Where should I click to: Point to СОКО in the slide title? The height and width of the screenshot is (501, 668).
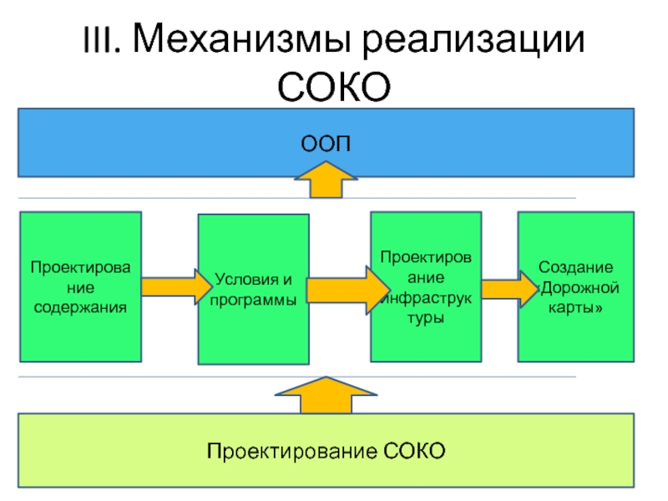coord(334,86)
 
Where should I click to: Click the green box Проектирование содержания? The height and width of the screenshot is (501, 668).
coord(80,286)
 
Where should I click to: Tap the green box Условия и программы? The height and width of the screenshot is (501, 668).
coord(254,289)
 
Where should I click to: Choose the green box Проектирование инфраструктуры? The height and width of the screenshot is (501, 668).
coord(426,286)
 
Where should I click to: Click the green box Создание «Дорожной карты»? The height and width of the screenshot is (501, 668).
coord(575,286)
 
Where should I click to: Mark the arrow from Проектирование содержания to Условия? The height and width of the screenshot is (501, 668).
coord(175,287)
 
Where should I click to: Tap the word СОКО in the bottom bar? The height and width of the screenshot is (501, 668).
coord(415,452)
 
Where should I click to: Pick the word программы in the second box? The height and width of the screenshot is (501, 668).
coord(254,299)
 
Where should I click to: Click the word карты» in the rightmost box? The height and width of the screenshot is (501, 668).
coord(575,308)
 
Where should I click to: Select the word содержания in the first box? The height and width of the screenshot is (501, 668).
coord(80,307)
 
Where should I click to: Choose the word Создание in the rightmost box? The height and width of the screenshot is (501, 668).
coord(575,268)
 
